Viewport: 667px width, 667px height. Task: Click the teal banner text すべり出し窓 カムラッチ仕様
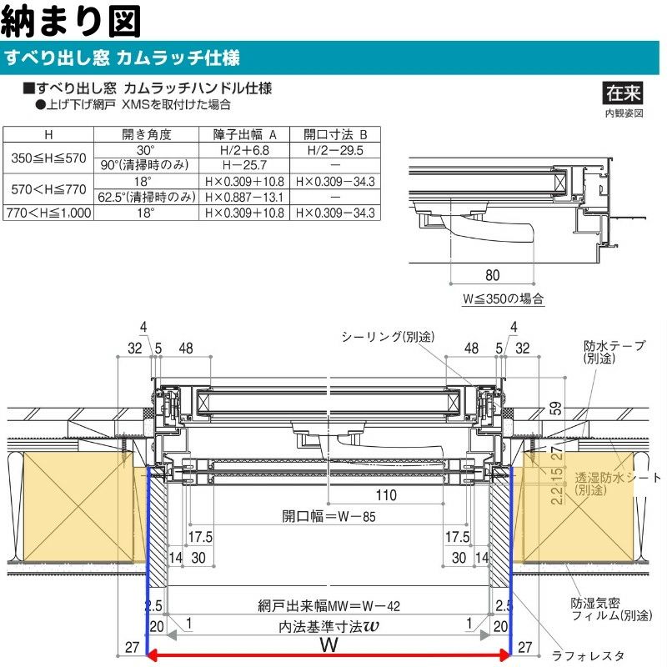[123, 58]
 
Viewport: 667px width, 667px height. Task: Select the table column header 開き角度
[146, 134]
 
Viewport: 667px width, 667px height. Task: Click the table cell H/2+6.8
[244, 150]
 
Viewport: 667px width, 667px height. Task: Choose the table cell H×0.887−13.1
[244, 198]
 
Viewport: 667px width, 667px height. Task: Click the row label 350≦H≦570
[47, 157]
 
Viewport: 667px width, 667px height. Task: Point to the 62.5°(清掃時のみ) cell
[146, 198]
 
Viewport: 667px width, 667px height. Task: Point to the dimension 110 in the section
[386, 495]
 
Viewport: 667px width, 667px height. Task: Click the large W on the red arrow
[328, 646]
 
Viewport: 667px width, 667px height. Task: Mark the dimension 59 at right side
[554, 409]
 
